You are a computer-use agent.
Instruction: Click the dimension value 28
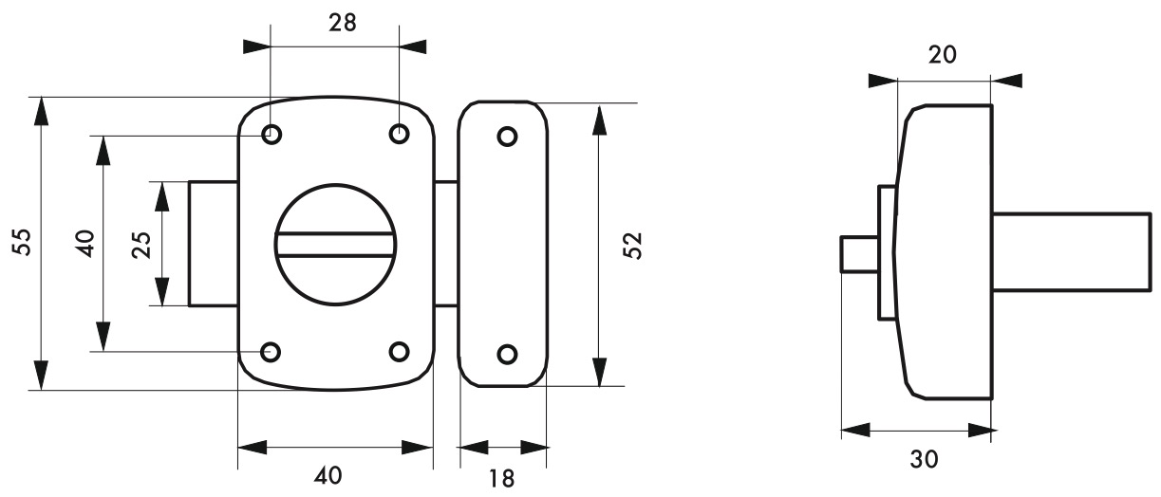[343, 24]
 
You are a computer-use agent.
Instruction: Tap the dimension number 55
[22, 242]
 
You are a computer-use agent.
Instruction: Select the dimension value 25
[141, 245]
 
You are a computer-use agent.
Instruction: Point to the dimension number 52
[632, 246]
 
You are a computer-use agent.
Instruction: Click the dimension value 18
[502, 479]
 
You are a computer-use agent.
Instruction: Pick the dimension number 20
[943, 55]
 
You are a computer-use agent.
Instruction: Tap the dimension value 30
[924, 459]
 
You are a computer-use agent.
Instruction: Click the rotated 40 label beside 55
[85, 244]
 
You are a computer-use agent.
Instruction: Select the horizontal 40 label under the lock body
[328, 475]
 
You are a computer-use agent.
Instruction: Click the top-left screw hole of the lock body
[272, 135]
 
